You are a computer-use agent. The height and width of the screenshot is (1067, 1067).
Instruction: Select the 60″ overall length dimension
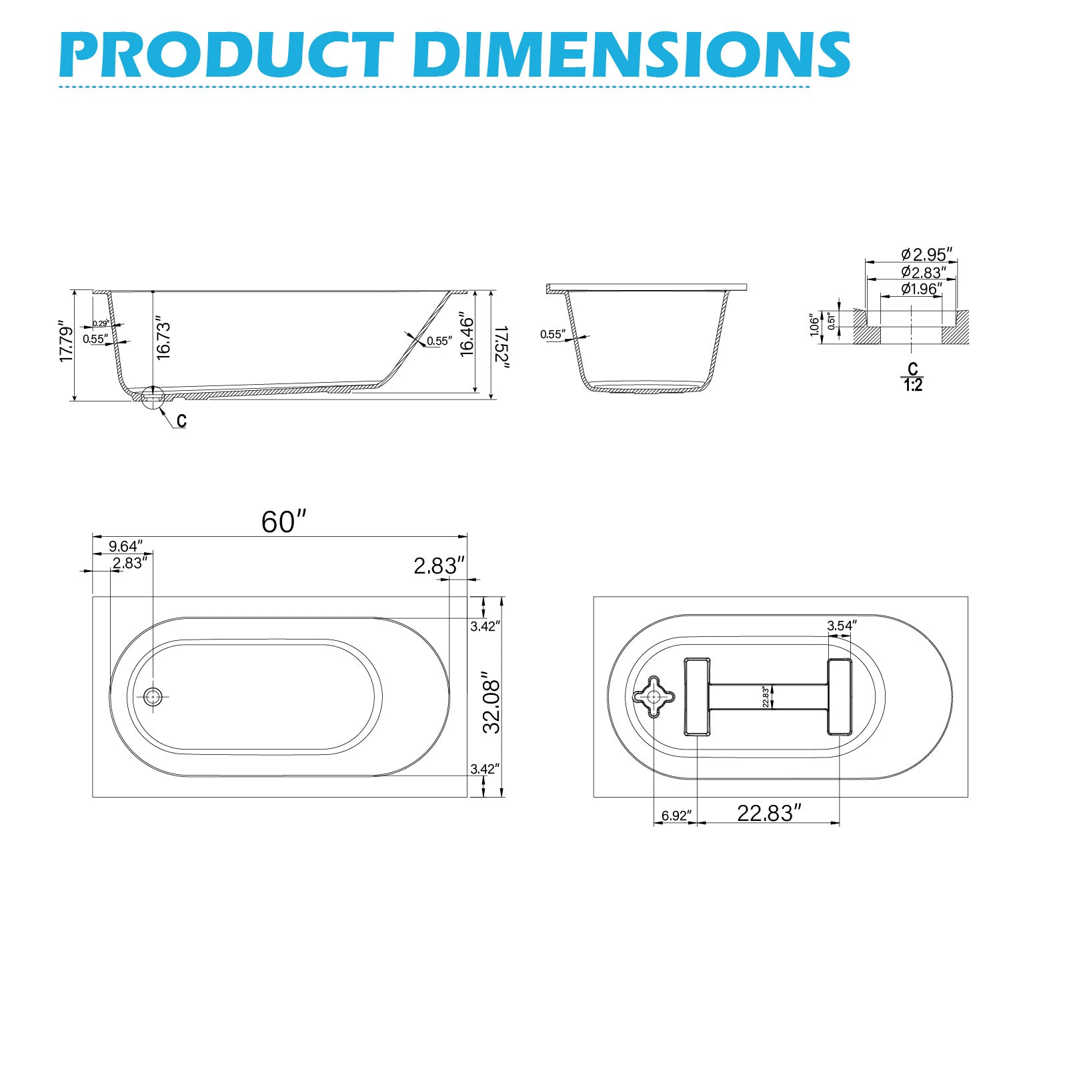click(x=283, y=522)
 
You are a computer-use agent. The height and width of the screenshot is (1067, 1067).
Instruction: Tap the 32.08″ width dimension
click(x=491, y=702)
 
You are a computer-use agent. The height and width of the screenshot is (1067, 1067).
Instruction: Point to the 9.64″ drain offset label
click(x=125, y=546)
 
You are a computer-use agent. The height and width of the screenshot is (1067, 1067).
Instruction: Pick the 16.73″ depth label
click(x=164, y=340)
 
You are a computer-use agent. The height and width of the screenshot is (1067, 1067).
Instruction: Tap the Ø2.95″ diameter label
click(x=926, y=254)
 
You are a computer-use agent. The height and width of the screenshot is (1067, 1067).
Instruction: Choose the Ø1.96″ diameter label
click(x=921, y=289)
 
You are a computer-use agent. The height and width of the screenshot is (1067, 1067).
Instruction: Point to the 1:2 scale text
click(x=913, y=385)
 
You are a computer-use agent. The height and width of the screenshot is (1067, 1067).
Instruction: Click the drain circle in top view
click(x=153, y=696)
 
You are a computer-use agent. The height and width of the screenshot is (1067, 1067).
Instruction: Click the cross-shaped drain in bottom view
click(x=654, y=696)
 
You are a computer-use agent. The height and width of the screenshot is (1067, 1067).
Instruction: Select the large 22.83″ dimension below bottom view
click(x=768, y=813)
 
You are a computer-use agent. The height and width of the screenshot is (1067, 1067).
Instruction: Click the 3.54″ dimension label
click(x=841, y=626)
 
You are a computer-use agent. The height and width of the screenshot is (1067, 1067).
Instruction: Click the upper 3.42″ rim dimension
click(x=485, y=626)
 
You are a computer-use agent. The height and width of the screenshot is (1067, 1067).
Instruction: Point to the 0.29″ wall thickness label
click(x=101, y=323)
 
